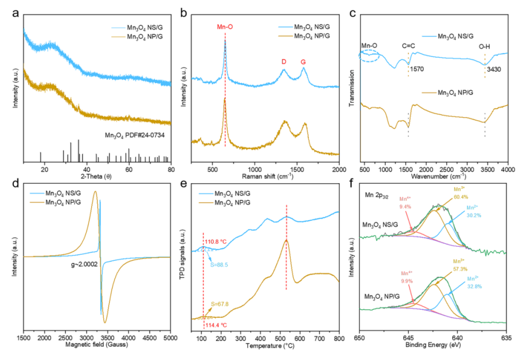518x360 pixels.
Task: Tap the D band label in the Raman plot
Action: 284,61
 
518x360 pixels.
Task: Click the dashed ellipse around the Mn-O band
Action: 368,56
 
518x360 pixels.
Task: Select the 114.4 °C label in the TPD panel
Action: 217,325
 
